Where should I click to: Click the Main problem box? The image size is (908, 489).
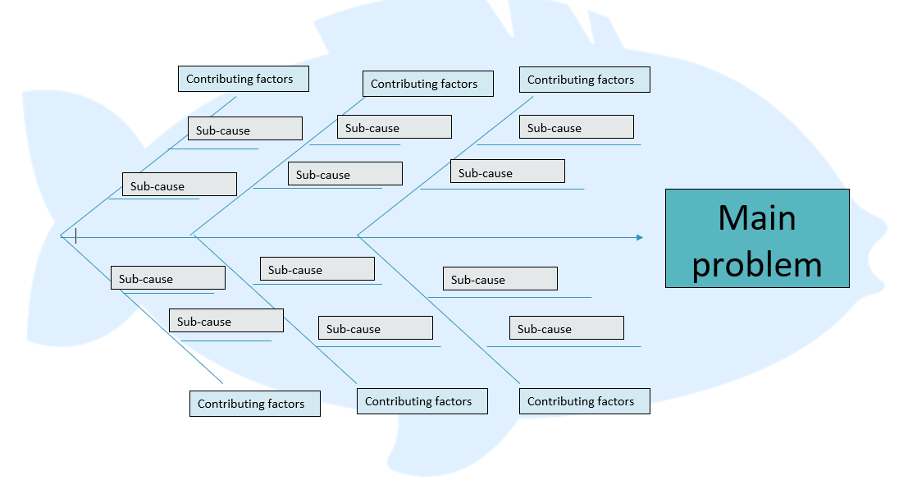tap(756, 238)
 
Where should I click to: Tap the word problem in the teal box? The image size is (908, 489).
tap(756, 264)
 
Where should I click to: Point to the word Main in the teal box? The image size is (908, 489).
tap(756, 217)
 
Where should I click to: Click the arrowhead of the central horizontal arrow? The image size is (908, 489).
tap(639, 238)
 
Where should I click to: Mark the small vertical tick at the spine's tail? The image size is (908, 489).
tap(75, 236)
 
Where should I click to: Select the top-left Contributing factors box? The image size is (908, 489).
tap(244, 79)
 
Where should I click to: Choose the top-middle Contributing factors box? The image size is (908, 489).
tap(427, 84)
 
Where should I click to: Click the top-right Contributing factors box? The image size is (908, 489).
tap(584, 80)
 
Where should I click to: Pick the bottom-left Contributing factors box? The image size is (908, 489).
tap(254, 404)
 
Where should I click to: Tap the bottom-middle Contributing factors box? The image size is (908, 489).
tap(422, 401)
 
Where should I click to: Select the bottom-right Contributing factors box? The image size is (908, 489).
tap(584, 401)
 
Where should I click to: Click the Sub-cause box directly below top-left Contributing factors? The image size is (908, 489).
tap(244, 129)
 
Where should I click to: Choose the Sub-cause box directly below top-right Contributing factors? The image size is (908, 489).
tap(576, 127)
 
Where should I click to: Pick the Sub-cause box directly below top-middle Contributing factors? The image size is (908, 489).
tap(394, 127)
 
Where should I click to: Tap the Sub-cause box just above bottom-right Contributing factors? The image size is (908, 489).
tap(566, 328)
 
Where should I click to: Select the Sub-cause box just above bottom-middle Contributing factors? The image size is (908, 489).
tap(375, 328)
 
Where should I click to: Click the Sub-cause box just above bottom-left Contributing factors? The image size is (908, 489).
tap(226, 321)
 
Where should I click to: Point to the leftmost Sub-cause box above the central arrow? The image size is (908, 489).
tap(179, 185)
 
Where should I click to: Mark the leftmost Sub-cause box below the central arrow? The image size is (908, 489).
tap(167, 278)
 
